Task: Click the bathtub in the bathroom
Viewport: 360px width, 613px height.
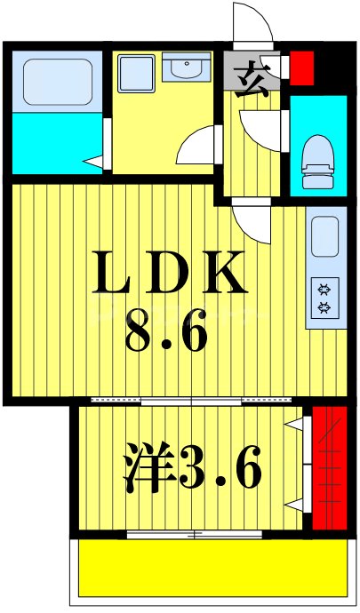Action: click(56, 81)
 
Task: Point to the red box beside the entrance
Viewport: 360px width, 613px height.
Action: click(302, 68)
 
